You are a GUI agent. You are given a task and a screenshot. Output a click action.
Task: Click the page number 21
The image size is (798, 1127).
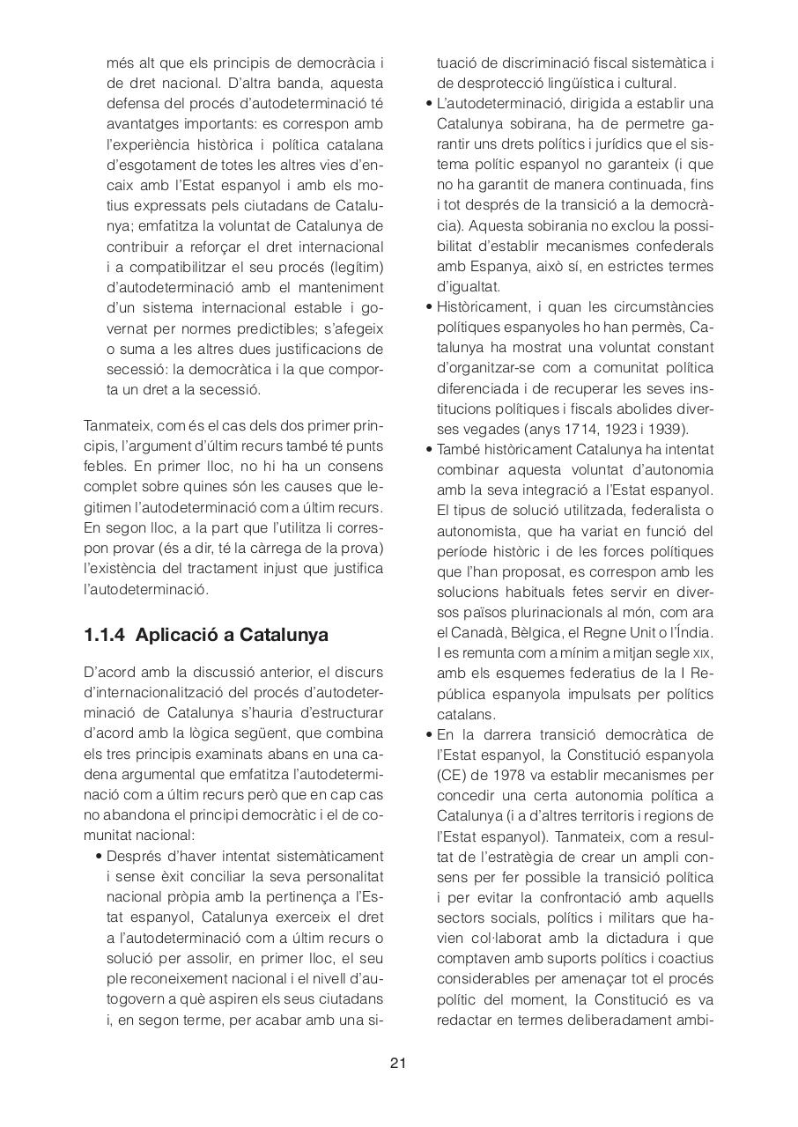tap(398, 1064)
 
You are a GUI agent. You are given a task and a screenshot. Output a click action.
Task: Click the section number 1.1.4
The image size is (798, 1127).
tap(106, 635)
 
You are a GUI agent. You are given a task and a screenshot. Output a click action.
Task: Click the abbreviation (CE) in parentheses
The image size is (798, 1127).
tap(454, 775)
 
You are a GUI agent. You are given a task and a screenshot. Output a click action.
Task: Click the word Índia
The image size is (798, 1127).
tap(692, 633)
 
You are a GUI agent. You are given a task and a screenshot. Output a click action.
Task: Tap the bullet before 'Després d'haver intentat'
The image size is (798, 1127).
tap(100, 857)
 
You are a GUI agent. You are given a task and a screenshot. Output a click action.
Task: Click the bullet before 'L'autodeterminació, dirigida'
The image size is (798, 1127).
tap(429, 104)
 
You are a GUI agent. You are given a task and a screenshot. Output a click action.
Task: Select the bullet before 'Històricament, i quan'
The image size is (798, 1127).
tap(429, 307)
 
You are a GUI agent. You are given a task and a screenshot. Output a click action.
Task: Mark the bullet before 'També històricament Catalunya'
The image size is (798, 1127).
tap(429, 450)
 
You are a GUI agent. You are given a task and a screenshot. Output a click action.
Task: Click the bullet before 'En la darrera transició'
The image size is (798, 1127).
tap(429, 734)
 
